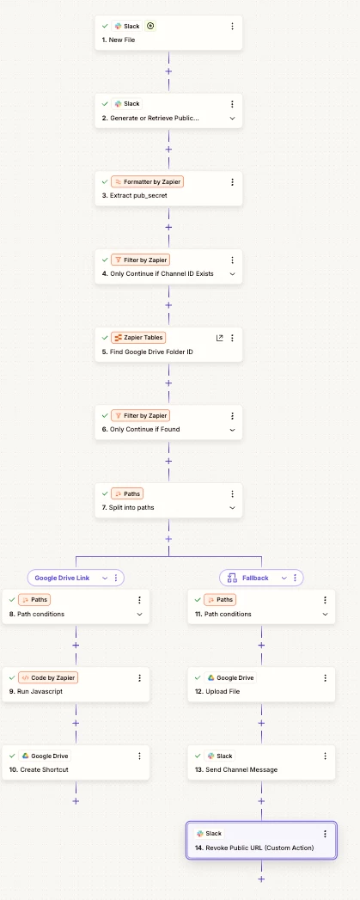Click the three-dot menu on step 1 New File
point(232,27)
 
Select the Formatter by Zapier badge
point(148,182)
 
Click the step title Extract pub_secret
point(134,196)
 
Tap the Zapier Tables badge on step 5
point(138,338)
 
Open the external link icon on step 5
point(219,338)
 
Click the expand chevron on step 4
point(232,274)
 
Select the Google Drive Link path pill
point(76,578)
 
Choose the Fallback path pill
point(261,578)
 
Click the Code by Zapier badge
point(48,678)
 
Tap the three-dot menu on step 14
point(325,834)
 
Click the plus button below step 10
point(76,800)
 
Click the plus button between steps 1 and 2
point(168,71)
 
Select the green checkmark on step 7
point(105,493)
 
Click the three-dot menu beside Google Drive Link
point(116,578)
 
